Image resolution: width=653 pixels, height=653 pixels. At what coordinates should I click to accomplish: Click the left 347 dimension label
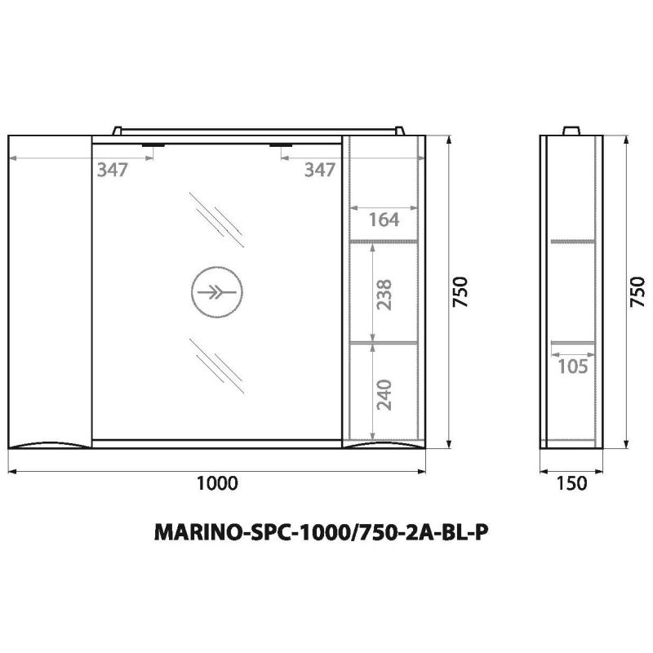point(113,170)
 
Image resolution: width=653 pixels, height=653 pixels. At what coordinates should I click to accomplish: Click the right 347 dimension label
point(319,170)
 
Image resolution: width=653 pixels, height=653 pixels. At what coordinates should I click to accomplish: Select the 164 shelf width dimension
point(382,219)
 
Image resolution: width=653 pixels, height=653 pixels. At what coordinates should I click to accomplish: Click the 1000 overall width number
point(217,483)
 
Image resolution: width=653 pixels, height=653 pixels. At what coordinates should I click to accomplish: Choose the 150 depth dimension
point(571,483)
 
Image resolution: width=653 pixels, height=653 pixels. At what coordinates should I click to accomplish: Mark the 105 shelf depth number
point(573,366)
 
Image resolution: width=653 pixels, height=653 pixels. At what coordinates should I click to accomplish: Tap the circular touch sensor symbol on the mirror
point(217,291)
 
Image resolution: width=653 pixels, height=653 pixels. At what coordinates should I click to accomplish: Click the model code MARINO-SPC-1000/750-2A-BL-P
point(322,533)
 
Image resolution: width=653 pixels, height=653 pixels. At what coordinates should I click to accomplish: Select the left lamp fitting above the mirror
point(153,145)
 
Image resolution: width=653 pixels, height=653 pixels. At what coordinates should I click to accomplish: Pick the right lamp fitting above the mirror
point(282,145)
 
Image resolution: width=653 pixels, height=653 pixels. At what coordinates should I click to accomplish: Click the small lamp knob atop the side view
point(571,131)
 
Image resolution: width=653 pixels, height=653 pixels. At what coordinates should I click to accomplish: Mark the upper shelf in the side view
point(571,242)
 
